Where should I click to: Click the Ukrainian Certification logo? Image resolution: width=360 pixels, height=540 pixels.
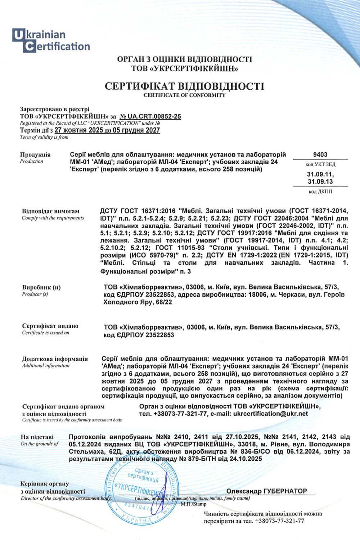tap(51, 40)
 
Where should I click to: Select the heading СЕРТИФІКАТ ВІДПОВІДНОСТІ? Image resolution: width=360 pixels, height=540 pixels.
tap(184, 86)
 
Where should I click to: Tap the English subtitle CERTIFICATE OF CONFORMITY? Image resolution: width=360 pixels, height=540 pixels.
tap(184, 95)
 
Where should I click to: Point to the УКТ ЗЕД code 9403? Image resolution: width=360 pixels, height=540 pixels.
tap(320, 154)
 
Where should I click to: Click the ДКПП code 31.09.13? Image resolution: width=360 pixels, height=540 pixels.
tap(320, 181)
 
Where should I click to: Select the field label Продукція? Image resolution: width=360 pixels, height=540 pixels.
tap(35, 154)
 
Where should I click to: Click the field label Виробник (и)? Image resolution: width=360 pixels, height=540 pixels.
tap(41, 287)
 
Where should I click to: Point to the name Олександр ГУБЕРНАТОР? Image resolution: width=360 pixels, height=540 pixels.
tap(266, 491)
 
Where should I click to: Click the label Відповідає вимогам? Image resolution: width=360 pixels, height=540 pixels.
tap(50, 211)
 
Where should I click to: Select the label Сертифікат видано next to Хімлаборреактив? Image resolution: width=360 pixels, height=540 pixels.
tap(50, 326)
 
